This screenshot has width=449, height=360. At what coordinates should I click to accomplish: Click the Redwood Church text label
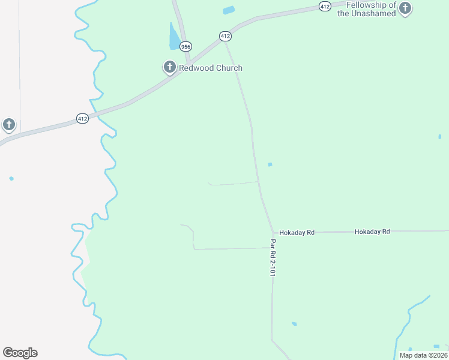[x=211, y=68]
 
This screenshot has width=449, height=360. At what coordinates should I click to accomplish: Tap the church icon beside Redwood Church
[x=169, y=67]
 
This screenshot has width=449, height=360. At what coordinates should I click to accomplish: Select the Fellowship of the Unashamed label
[x=366, y=9]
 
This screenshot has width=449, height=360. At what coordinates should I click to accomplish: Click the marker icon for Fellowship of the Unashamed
[x=406, y=8]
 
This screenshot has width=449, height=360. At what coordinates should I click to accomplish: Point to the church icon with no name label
[x=8, y=124]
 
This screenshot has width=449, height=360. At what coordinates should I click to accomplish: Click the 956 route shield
[x=185, y=46]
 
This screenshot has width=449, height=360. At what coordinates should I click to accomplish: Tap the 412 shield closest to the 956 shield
[x=225, y=37]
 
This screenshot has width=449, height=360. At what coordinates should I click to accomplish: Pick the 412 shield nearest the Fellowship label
[x=325, y=6]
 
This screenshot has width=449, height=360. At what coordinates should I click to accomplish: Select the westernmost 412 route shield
[x=82, y=119]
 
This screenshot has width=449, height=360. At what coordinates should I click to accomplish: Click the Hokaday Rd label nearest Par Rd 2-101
[x=297, y=232]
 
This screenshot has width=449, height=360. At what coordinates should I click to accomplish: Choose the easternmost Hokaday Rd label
[x=372, y=232]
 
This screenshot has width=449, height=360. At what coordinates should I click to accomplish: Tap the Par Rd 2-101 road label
[x=273, y=257]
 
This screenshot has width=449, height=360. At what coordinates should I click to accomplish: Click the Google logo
[x=20, y=353]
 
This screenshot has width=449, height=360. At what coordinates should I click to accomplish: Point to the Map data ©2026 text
[x=423, y=355]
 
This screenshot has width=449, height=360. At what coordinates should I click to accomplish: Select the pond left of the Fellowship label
[x=229, y=10]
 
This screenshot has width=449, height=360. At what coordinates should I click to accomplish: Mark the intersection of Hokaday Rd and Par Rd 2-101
[x=274, y=233]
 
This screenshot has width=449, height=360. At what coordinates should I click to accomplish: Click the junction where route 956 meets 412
[x=188, y=63]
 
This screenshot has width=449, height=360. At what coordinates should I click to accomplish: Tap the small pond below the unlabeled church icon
[x=11, y=178]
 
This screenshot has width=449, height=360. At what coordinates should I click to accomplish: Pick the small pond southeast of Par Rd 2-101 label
[x=294, y=324]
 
